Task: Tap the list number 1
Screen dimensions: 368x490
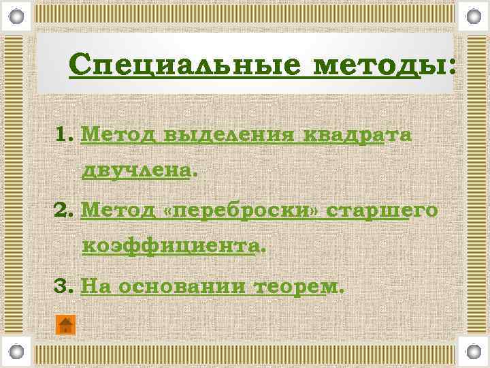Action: click(64, 134)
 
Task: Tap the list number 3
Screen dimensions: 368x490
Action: click(63, 287)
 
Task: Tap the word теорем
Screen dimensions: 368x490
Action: click(294, 288)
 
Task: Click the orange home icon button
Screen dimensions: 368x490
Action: click(65, 325)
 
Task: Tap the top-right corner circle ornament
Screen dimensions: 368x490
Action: click(474, 14)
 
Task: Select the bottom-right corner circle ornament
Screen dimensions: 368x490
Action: click(474, 352)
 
